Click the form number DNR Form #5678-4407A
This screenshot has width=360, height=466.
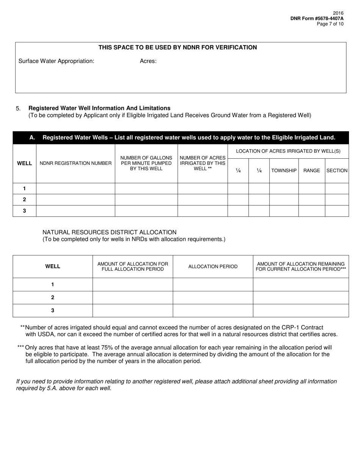[317, 18]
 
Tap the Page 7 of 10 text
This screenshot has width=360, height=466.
[330, 24]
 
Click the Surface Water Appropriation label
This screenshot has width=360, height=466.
[56, 61]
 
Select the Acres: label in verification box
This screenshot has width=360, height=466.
[148, 61]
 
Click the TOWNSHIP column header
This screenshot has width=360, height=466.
[284, 171]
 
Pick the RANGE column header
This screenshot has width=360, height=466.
[311, 171]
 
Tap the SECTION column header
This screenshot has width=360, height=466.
[337, 171]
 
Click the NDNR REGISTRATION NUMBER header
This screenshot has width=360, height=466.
[75, 163]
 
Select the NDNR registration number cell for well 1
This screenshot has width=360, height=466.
[75, 189]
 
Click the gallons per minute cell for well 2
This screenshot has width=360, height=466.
[146, 200]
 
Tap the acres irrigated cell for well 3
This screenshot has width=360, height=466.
[202, 211]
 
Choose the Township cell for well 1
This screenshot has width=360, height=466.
[284, 189]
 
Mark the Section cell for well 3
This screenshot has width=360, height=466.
[337, 211]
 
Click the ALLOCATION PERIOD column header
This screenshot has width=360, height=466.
[213, 267]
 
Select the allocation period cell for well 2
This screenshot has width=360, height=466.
[213, 297]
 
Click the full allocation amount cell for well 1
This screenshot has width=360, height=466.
[133, 285]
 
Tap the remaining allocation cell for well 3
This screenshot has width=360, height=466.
[301, 311]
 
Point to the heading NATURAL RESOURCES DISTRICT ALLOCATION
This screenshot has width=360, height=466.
[109, 232]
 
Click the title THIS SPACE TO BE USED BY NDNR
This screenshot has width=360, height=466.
[177, 47]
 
